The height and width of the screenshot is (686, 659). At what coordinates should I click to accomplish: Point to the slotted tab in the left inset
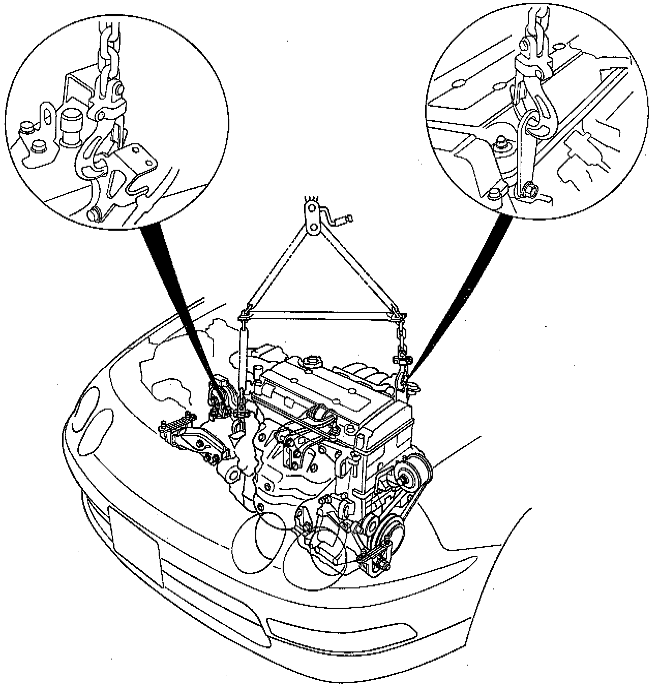(x=46, y=117)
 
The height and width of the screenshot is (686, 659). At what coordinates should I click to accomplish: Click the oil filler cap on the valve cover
(x=311, y=363)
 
